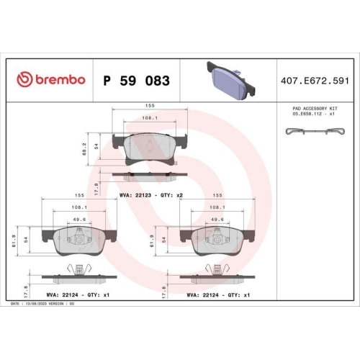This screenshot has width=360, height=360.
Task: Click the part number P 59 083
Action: pyautogui.click(x=137, y=80)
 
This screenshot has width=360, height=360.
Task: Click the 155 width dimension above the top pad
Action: pyautogui.click(x=150, y=105)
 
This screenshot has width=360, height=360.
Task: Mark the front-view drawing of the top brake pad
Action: pyautogui.click(x=150, y=148)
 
